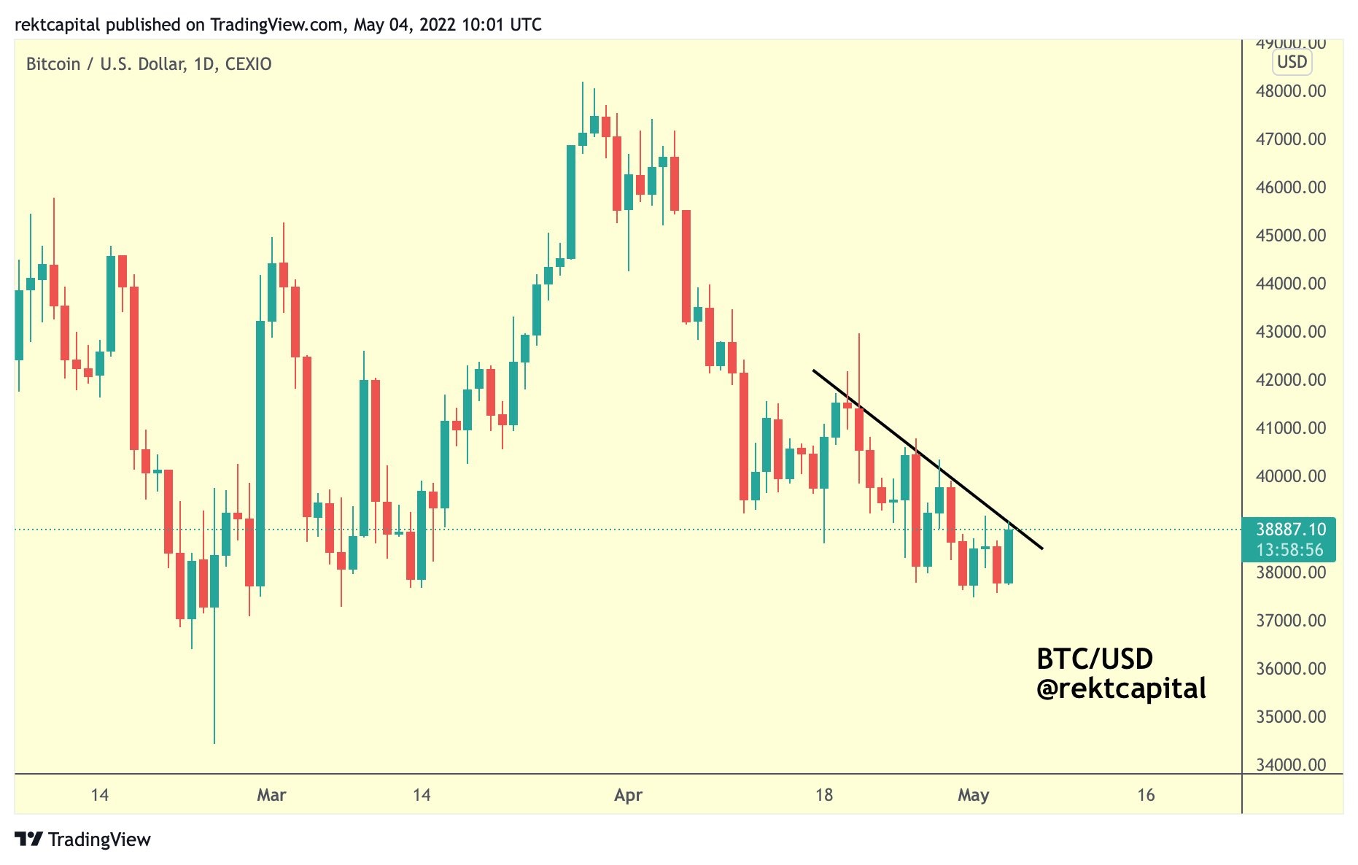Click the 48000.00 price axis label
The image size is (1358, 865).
point(1290,91)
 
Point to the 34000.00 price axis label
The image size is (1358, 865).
point(1290,764)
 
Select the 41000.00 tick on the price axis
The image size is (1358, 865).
point(1290,428)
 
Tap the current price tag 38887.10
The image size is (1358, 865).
point(1290,530)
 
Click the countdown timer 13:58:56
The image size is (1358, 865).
point(1289,550)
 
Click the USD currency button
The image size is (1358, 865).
point(1292,62)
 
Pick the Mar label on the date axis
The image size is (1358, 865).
point(271,795)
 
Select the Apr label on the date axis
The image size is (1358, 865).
point(628,795)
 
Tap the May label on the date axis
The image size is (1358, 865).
point(973,795)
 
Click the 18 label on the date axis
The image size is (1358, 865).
point(824,795)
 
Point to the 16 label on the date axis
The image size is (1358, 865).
point(1146,795)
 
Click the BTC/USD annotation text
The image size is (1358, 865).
point(1094,659)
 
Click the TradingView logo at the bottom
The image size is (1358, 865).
point(82,839)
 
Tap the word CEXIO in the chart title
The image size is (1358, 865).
point(248,64)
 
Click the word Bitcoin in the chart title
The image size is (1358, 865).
point(53,64)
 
